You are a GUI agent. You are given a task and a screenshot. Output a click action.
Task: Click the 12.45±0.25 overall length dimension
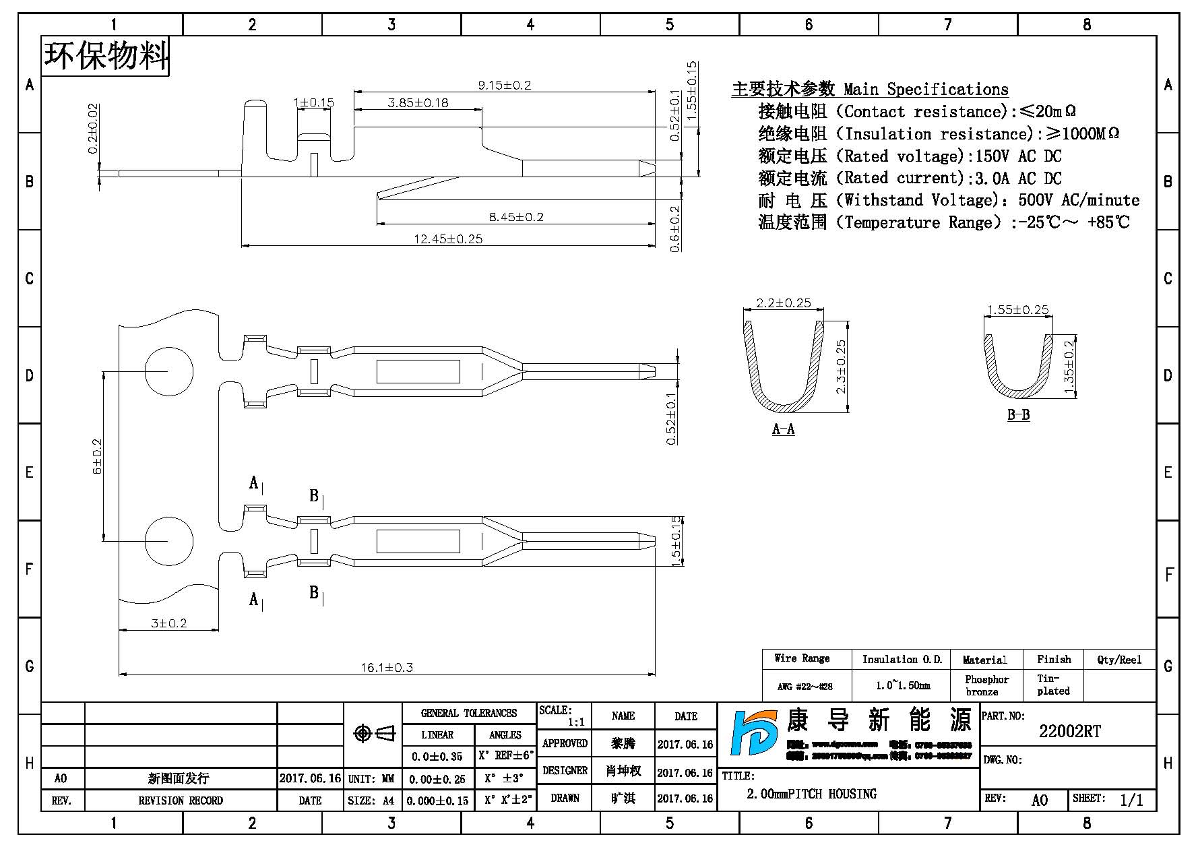click(448, 239)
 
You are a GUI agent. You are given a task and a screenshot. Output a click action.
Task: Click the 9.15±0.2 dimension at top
click(504, 85)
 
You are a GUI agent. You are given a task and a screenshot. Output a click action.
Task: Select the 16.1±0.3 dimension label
click(387, 668)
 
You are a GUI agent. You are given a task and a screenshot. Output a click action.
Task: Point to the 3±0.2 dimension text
click(168, 623)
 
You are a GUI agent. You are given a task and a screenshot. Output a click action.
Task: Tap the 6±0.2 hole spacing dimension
click(98, 456)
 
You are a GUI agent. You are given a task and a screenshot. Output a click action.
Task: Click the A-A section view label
click(783, 429)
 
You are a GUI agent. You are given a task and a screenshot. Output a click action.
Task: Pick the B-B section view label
click(1018, 415)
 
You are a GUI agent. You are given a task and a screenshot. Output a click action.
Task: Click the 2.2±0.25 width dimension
click(783, 303)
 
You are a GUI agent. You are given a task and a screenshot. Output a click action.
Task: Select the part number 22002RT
click(1069, 732)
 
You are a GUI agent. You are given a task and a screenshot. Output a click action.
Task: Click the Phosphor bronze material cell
click(986, 685)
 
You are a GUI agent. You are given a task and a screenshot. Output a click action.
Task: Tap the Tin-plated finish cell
click(1053, 685)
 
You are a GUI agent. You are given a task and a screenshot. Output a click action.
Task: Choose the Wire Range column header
click(802, 658)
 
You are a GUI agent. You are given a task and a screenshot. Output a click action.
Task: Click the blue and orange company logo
click(755, 732)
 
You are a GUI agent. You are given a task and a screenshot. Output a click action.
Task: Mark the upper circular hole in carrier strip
click(168, 371)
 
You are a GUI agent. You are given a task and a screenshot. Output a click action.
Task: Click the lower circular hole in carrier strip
click(168, 541)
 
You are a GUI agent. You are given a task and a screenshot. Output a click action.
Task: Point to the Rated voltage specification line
click(910, 156)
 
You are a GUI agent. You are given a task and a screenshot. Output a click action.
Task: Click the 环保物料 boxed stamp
click(106, 56)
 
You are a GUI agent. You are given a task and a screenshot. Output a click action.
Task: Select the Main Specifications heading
click(870, 90)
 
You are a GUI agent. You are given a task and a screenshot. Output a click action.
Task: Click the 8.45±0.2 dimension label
click(515, 217)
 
